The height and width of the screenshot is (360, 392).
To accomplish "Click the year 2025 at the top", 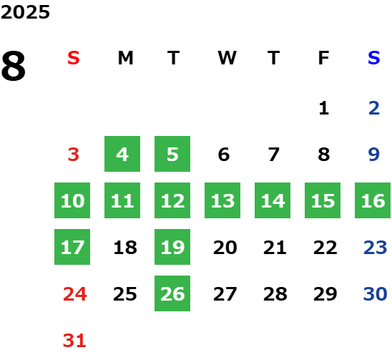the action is click(x=25, y=12).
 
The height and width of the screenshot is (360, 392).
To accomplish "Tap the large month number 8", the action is click(x=14, y=66).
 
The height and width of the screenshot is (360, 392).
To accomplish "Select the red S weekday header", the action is click(x=74, y=58).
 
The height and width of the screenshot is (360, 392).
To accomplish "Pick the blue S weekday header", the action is click(x=374, y=58).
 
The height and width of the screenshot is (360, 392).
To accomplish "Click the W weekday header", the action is click(x=227, y=58).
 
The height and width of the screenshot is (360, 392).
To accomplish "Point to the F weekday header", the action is click(x=323, y=58).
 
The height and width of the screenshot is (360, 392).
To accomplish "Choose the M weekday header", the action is click(x=125, y=58).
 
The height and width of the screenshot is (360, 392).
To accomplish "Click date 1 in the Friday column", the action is click(x=324, y=108).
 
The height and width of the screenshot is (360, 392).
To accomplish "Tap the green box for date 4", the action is click(x=122, y=154).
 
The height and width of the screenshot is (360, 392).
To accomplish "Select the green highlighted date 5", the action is click(x=172, y=154).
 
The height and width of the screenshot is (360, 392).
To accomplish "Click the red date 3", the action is click(x=74, y=155).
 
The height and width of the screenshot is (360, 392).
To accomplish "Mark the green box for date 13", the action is click(x=222, y=200).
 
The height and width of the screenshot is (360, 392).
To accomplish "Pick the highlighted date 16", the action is click(x=373, y=200).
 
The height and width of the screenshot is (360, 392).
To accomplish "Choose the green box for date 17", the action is click(x=72, y=247).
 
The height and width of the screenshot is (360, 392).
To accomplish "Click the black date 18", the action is click(x=125, y=248).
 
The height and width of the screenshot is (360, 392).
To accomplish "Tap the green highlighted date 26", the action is click(x=172, y=293).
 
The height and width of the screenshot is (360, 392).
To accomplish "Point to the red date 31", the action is click(x=74, y=340).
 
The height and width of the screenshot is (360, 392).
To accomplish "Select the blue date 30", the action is click(x=376, y=293).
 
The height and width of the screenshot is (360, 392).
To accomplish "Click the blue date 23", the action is click(x=376, y=248).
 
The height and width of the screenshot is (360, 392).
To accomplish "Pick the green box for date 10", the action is click(x=72, y=200).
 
